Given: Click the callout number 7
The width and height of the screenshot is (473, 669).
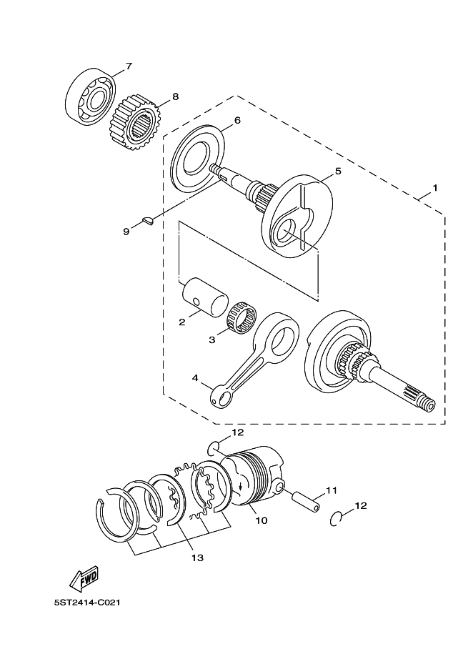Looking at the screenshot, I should point(129,67).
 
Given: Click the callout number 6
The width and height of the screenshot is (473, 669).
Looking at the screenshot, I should point(236,120).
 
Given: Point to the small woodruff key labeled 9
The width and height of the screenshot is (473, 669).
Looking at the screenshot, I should point(149,222).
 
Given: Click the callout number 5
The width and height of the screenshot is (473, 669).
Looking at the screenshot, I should point(338,172).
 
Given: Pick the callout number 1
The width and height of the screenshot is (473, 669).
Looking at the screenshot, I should point(434,190).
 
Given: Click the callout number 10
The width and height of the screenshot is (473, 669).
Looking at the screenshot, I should point(261,521).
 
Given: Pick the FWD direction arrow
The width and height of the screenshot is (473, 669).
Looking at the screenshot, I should point(84,578).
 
